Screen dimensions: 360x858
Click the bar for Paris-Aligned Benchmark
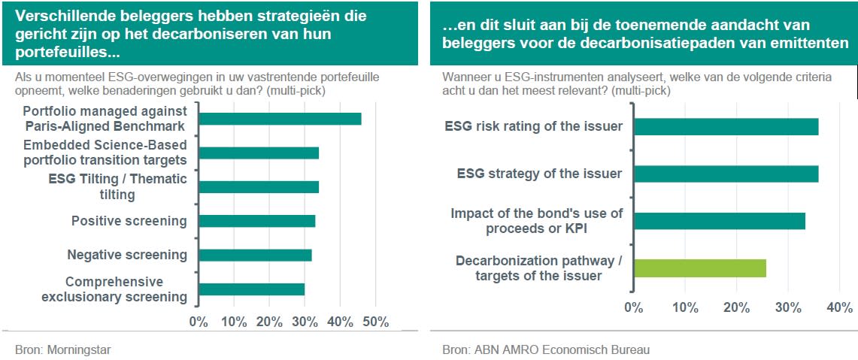coord(280,119)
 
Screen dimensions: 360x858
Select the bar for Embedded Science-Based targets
coord(259,153)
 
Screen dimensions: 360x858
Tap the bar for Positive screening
coord(257,221)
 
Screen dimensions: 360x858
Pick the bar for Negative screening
coord(255,255)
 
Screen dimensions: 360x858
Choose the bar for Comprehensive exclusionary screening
coord(252,289)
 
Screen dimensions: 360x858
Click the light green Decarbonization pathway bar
coord(700,268)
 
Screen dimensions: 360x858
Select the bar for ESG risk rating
coord(726,126)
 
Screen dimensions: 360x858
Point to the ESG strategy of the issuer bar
coord(726,174)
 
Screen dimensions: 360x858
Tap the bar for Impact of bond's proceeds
coord(720,221)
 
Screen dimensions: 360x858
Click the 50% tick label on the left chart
coord(375,322)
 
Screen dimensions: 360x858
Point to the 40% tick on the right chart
coord(840,307)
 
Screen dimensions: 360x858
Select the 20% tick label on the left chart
coord(269,322)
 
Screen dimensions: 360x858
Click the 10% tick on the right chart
coord(686,307)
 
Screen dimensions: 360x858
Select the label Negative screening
coord(127,255)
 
